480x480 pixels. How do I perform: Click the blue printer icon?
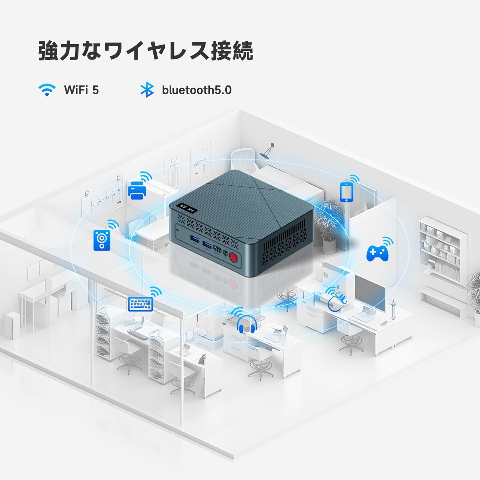(x=137, y=190)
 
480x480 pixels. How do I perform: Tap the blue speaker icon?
(x=102, y=240)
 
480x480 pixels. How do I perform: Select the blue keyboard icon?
(x=140, y=304)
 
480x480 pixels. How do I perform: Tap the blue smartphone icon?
(x=346, y=192)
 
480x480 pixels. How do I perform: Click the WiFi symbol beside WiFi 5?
(x=47, y=90)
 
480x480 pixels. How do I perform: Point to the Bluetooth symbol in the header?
(x=147, y=90)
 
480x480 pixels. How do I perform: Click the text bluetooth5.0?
(x=197, y=90)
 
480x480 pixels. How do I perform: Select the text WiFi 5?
(x=81, y=90)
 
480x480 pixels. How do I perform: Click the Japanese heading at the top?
(x=146, y=51)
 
